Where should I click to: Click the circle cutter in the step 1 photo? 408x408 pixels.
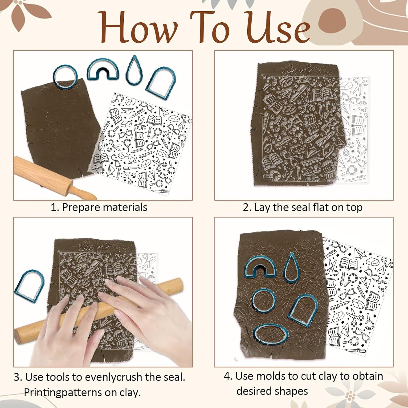coord(65,76)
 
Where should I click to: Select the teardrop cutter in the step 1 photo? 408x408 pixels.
coord(134,71)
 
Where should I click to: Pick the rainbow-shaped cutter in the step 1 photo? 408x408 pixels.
coord(103,69)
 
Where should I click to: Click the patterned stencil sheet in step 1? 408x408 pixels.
coord(141,144)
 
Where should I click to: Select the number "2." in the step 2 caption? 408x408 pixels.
coord(247,208)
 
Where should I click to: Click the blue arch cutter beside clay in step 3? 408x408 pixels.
coord(29,286)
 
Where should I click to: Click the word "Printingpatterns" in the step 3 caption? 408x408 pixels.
coord(63,392)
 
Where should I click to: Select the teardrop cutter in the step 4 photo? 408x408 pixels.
coord(291,267)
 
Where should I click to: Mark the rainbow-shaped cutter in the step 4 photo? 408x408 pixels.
coord(260,267)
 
